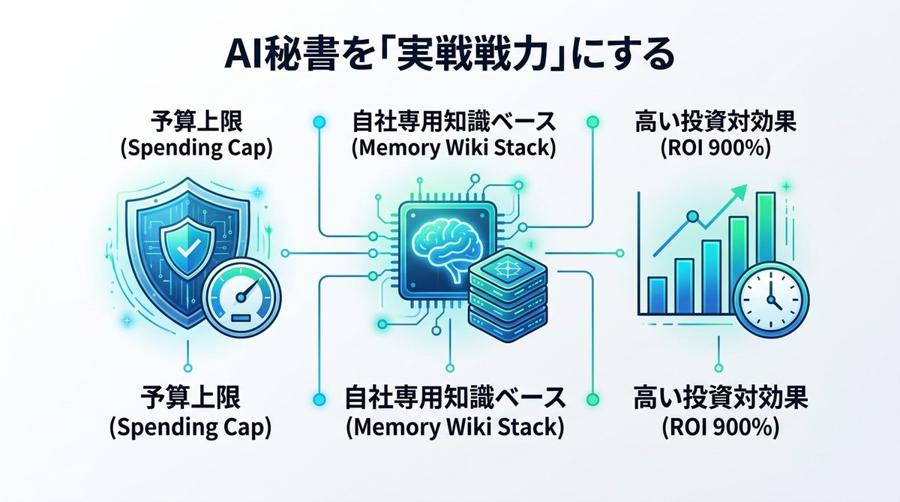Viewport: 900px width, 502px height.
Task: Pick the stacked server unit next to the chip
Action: pos(504,289)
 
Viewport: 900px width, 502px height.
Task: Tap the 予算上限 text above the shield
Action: pos(196,120)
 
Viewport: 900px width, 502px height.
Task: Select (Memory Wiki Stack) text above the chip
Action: pos(453,148)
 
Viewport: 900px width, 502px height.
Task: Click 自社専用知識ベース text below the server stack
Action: pos(454,398)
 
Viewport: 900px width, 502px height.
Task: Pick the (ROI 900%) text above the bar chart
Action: pos(715,148)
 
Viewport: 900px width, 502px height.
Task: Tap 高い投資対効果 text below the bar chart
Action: pos(719,398)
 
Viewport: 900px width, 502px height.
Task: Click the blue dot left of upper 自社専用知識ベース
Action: pos(319,121)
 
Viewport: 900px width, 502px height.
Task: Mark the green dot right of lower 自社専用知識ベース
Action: pos(592,398)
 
